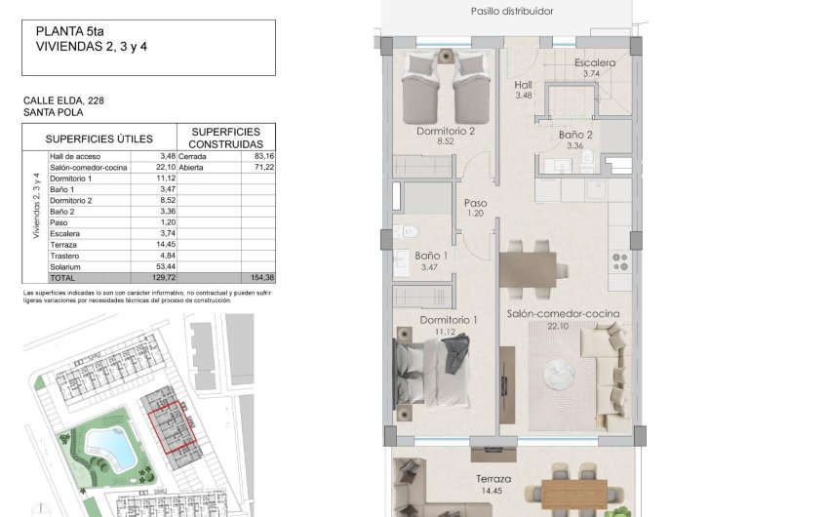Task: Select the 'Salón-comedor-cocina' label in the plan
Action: (564, 314)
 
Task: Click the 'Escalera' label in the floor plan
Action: (594, 63)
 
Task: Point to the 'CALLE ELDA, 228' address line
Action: (63, 99)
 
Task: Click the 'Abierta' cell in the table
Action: (193, 167)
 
